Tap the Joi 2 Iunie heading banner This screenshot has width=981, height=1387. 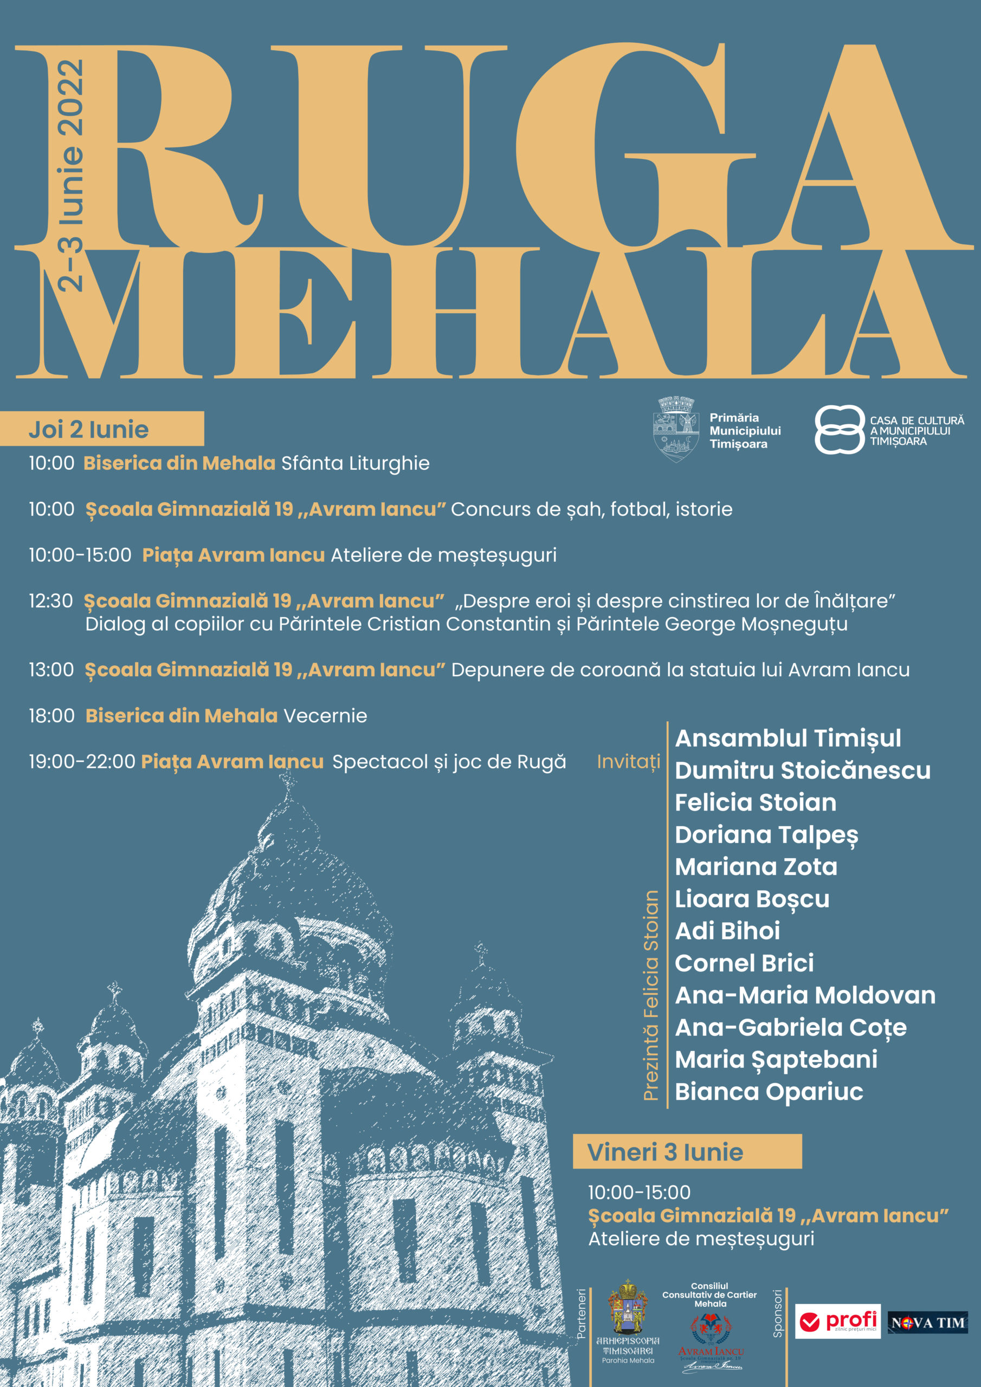pyautogui.click(x=101, y=429)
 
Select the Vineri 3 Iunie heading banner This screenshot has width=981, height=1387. pyautogui.click(x=687, y=1151)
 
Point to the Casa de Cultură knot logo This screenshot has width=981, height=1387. pyautogui.click(x=839, y=429)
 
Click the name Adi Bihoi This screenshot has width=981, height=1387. pyautogui.click(x=727, y=931)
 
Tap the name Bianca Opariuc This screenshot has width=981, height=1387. pyautogui.click(x=768, y=1092)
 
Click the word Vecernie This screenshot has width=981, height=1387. pyautogui.click(x=325, y=716)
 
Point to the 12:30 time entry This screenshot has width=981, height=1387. pyautogui.click(x=51, y=601)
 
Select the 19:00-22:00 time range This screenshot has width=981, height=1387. pyautogui.click(x=82, y=762)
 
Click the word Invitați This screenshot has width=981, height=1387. pyautogui.click(x=628, y=762)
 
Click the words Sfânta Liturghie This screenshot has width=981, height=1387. pyautogui.click(x=356, y=463)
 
